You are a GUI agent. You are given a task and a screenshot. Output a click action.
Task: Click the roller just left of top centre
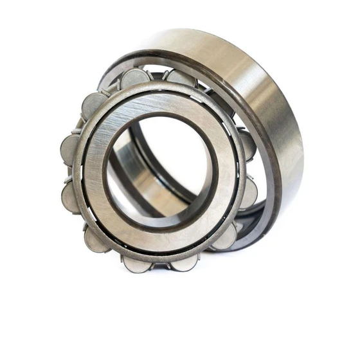[136, 78]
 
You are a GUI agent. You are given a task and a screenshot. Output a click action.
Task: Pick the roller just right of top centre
[179, 78]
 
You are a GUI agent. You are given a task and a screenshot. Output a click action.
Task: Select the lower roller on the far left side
[71, 196]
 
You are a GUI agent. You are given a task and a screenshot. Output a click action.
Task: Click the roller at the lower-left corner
[96, 239]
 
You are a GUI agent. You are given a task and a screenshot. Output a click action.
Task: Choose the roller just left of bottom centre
[136, 262]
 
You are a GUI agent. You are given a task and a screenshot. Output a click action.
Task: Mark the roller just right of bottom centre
[184, 262]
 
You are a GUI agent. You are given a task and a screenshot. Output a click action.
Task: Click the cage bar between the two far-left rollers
[67, 173]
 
